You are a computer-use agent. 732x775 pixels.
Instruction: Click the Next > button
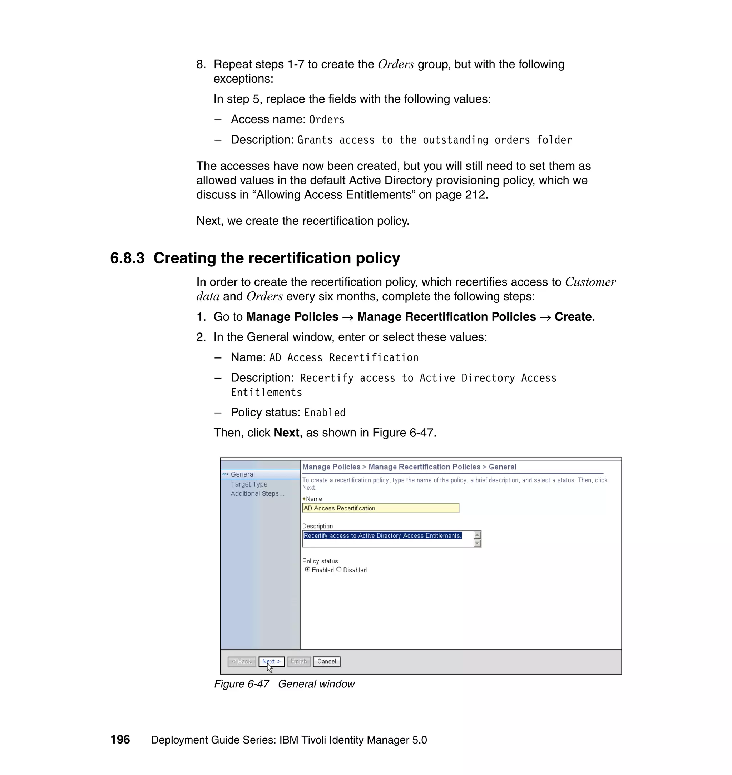coord(272,661)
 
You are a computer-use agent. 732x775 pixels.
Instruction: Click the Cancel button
coord(327,661)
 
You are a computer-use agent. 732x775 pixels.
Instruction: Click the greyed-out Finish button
coord(299,661)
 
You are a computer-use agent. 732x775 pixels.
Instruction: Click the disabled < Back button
coord(242,661)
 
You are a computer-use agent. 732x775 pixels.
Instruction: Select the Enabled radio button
coord(307,569)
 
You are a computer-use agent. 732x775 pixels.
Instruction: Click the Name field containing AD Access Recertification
coord(380,508)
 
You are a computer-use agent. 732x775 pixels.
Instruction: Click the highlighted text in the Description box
coord(382,536)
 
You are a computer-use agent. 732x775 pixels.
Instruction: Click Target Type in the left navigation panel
coord(249,484)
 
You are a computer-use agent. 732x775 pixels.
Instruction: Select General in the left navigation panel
coord(242,474)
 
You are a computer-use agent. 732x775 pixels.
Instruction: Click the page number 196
coord(120,740)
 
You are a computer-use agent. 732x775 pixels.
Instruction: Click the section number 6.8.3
coord(127,258)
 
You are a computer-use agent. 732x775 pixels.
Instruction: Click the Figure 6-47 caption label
coord(242,684)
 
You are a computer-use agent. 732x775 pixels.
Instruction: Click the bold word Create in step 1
coord(573,316)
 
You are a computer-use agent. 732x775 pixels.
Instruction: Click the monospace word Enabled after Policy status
coord(325,413)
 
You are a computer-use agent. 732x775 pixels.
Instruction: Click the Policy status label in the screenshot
coord(320,561)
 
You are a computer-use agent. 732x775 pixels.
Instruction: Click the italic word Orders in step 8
coord(396,64)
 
